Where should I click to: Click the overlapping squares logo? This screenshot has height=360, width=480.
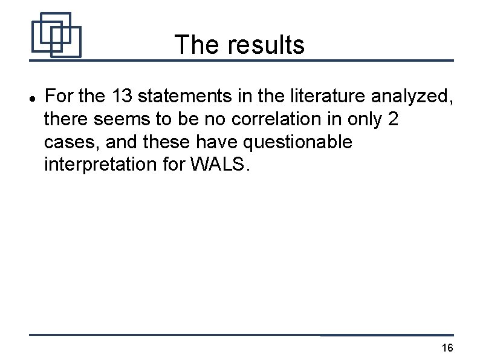tap(56, 34)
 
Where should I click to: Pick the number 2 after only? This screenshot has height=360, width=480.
tap(393, 119)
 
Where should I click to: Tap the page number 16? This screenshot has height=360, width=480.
tap(447, 348)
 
